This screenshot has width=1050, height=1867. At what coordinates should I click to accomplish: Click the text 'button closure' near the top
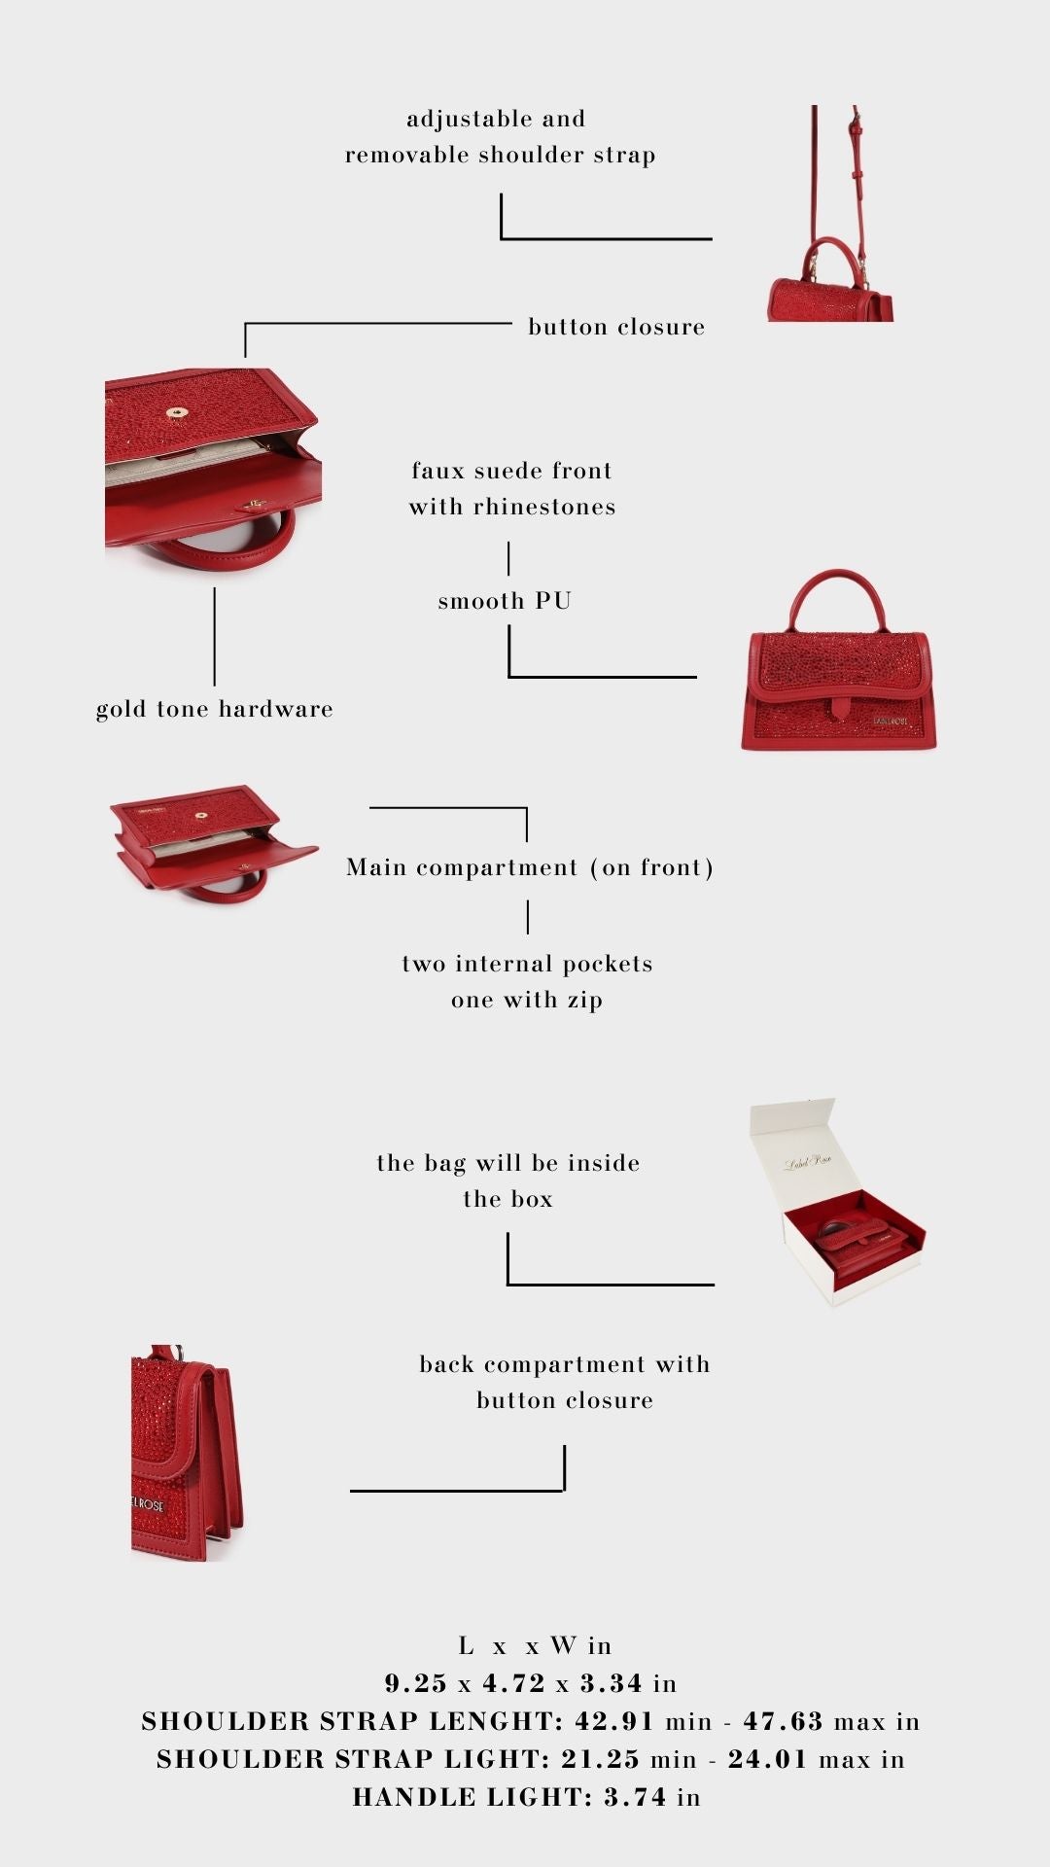[x=616, y=327]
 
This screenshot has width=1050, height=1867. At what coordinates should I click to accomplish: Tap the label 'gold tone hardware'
[x=215, y=709]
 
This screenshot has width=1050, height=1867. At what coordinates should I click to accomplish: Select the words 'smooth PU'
[x=505, y=601]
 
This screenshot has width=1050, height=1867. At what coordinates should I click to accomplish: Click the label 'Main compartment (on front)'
[x=530, y=867]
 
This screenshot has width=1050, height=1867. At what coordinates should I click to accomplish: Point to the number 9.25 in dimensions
[x=416, y=1683]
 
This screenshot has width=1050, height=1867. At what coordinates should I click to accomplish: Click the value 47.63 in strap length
[x=784, y=1721]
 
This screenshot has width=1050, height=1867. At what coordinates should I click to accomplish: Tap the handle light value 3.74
[x=635, y=1797]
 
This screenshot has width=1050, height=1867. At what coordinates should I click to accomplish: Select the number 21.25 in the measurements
[x=600, y=1759]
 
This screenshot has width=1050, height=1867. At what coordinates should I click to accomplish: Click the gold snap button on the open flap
[x=177, y=412]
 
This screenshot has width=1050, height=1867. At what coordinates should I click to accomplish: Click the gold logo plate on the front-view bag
[x=891, y=721]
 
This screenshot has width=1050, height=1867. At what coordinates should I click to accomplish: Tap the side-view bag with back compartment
[x=186, y=1454]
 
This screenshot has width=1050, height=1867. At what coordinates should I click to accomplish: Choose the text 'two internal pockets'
[x=527, y=964]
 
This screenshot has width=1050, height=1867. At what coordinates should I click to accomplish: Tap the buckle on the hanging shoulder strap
[x=857, y=123]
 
